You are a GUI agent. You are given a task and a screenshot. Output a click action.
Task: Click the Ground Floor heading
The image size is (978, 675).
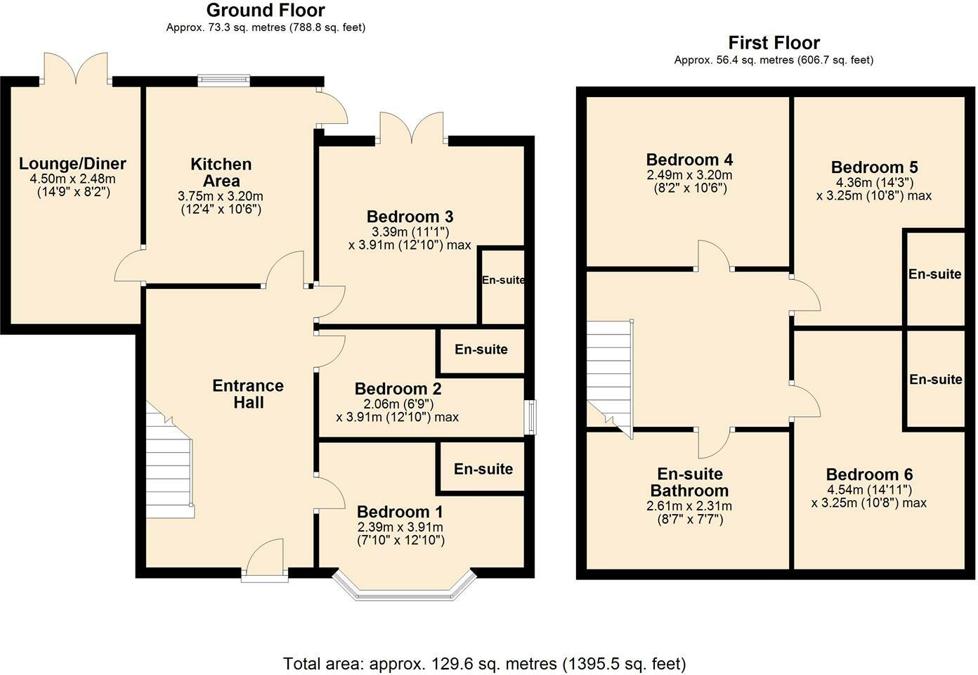266,11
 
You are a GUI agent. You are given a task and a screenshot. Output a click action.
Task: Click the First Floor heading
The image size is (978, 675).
774,43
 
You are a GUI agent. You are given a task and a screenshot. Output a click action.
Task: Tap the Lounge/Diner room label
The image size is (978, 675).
72,164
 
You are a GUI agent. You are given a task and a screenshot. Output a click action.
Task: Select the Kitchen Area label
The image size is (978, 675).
221,172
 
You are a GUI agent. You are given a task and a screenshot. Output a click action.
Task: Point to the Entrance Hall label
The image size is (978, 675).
248,394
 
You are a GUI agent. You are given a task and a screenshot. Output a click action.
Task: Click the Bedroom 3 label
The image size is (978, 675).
410,216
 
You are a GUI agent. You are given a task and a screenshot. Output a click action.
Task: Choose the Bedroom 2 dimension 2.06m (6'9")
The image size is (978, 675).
398,404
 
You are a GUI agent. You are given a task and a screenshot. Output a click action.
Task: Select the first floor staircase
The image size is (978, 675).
608,376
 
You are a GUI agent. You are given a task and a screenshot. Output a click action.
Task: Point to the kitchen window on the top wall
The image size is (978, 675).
223,80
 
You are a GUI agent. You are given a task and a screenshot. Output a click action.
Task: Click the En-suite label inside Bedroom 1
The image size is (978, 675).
483,469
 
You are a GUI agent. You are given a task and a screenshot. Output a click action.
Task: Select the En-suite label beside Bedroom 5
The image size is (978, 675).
934,274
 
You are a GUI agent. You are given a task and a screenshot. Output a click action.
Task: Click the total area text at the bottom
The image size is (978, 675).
484,663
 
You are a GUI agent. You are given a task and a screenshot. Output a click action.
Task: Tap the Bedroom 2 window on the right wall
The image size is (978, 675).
532,418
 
